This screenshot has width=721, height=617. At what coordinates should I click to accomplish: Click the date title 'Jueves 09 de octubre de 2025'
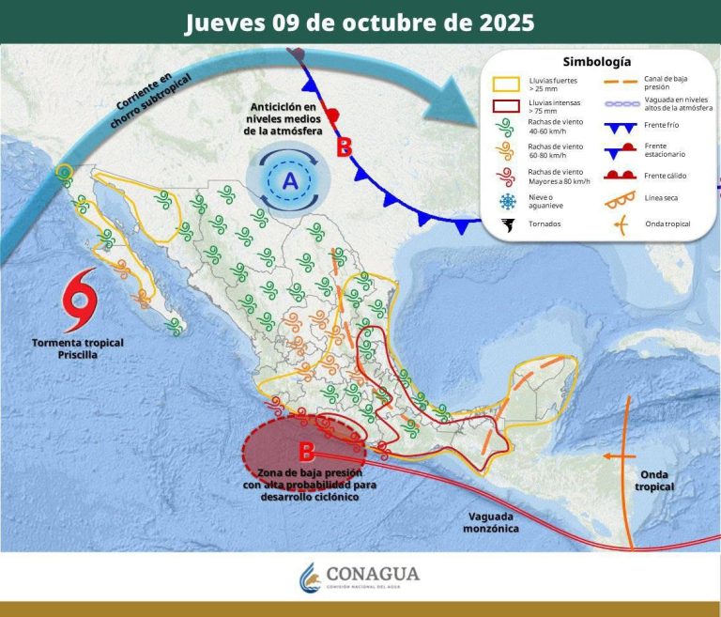tap(360, 23)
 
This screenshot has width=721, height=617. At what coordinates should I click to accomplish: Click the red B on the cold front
tap(345, 147)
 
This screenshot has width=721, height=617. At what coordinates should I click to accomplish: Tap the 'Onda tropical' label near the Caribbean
tap(654, 480)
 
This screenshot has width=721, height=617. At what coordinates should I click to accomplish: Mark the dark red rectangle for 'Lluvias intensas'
tap(508, 106)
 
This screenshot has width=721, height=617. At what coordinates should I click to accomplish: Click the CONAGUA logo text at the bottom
tap(374, 573)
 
